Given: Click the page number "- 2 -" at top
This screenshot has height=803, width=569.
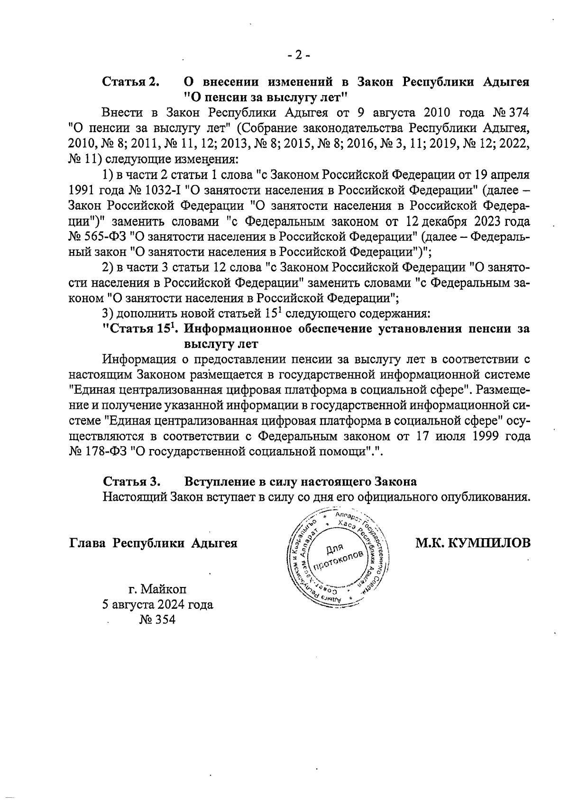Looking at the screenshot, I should tap(298, 55).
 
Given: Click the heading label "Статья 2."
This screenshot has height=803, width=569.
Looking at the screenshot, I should tap(131, 81).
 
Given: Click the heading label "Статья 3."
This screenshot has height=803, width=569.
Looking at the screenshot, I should tap(131, 481).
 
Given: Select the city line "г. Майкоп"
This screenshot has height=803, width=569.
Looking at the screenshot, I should tap(157, 589).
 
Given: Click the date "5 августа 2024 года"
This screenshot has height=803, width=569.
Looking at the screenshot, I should tap(157, 605).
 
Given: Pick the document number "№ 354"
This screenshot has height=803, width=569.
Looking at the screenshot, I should tap(157, 620).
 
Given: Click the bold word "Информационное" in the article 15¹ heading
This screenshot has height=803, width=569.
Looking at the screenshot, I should tap(231, 328).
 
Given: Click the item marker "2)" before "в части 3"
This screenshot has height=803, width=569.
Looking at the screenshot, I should tap(109, 267).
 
